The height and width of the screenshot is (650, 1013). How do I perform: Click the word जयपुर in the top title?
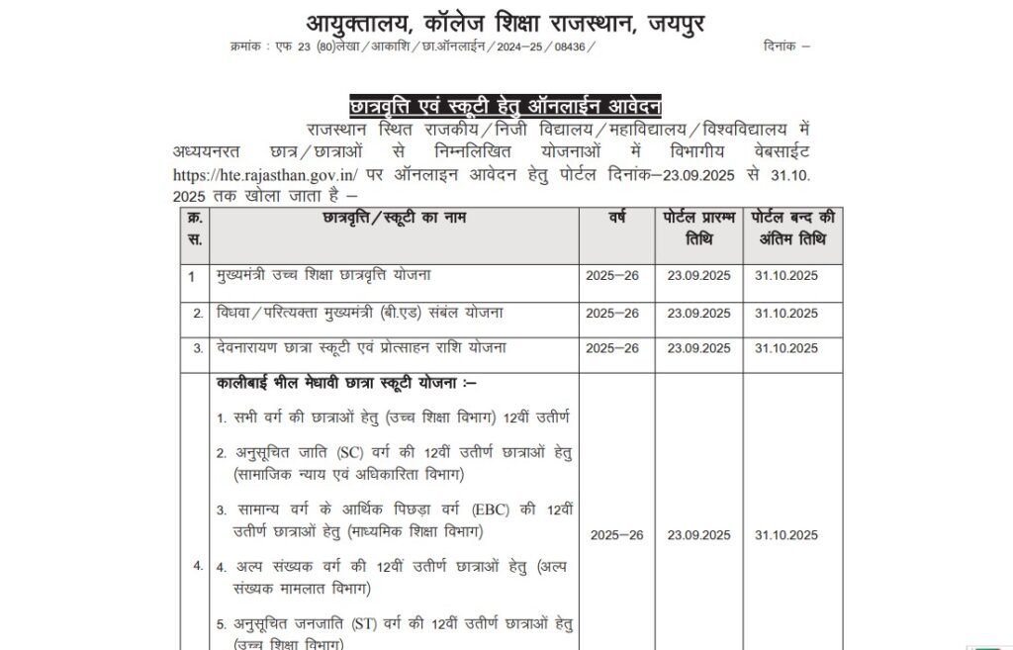click(x=664, y=21)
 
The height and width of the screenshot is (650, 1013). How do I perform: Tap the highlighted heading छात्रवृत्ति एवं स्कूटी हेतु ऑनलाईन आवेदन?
click(x=506, y=105)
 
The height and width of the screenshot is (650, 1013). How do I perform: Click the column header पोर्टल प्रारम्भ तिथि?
click(x=698, y=229)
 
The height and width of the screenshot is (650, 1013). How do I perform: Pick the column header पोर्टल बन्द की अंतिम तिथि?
click(x=792, y=229)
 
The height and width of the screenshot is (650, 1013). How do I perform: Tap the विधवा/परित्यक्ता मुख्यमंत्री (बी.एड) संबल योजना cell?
click(x=360, y=312)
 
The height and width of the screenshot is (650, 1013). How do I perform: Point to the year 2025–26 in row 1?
click(x=612, y=276)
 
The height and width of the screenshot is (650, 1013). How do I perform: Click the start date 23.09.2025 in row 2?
click(x=698, y=314)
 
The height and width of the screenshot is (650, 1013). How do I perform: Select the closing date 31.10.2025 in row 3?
click(x=786, y=349)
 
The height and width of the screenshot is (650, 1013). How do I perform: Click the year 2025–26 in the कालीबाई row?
click(x=616, y=535)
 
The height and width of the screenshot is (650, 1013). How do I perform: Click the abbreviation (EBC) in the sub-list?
click(x=501, y=511)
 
